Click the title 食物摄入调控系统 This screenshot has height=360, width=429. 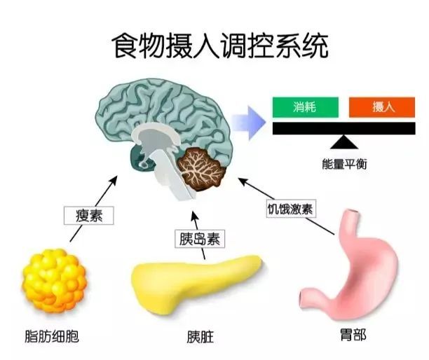(x=219, y=46)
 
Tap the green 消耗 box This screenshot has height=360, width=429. (x=306, y=107)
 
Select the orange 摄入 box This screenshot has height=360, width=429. (x=382, y=107)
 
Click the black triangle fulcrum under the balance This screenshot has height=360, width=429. (x=344, y=142)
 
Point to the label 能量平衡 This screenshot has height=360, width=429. (x=344, y=164)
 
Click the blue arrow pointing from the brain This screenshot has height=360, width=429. (x=249, y=122)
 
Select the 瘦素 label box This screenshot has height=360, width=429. (x=88, y=216)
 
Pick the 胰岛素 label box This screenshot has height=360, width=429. (x=200, y=239)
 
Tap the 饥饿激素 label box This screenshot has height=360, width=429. (x=291, y=209)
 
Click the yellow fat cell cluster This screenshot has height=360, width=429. (x=54, y=280)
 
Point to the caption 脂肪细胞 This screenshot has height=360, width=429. (x=52, y=336)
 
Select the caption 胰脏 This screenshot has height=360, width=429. (x=200, y=337)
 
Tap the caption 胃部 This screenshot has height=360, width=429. (x=353, y=335)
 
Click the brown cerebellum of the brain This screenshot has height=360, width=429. (x=202, y=168)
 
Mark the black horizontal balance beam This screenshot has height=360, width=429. (x=344, y=128)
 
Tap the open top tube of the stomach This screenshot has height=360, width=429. (x=351, y=213)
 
